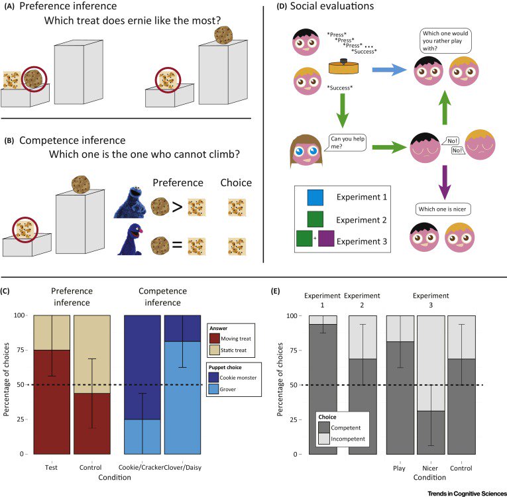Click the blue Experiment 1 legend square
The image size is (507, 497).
click(314, 197)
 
